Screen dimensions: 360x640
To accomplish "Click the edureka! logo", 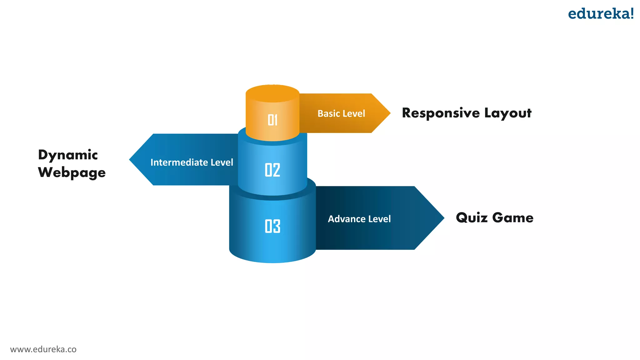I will [600, 14].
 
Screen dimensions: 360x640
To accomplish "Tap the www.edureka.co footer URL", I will [43, 349].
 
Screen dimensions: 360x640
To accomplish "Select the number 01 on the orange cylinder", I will [272, 120].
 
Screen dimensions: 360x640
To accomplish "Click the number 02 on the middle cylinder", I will [272, 170].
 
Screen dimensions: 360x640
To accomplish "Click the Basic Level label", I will [341, 113].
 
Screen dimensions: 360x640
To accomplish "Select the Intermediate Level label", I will [192, 162].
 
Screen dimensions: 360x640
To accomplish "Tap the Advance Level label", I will [359, 219].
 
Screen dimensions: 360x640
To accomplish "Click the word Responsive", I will [441, 113].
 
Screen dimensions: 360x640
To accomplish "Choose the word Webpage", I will [72, 173].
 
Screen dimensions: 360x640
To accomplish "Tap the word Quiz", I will [472, 218].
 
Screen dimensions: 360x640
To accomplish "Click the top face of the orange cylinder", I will [272, 93].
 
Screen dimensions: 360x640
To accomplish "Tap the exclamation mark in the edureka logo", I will [631, 13].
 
